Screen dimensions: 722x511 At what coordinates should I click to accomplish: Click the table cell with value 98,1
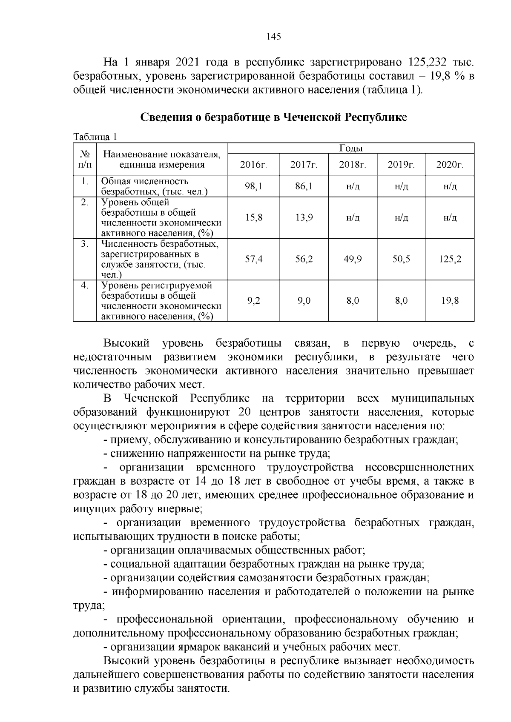254,186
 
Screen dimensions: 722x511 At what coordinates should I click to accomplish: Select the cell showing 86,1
304,186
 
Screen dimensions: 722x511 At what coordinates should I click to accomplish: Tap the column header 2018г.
353,165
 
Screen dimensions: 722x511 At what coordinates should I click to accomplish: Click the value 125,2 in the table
450,259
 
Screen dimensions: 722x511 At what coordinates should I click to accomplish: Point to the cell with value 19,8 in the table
450,301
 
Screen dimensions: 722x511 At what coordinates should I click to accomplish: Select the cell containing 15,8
254,217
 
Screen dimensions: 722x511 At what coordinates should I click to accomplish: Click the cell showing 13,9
304,217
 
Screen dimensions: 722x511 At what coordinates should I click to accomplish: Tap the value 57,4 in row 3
254,259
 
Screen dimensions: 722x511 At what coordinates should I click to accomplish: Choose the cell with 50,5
401,259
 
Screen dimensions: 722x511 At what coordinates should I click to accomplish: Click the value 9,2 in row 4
254,301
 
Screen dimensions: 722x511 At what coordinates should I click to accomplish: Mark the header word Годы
351,148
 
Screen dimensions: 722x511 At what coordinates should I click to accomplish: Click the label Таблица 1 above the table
95,137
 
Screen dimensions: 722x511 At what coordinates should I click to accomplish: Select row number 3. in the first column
85,244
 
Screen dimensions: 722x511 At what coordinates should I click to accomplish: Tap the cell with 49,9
353,259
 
